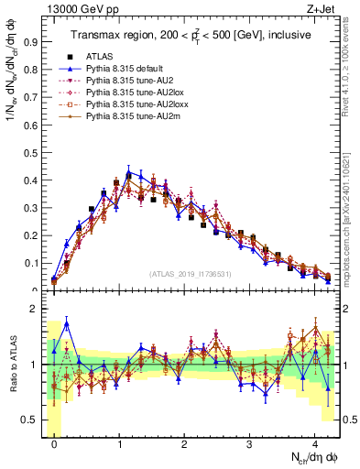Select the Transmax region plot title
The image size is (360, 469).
(191, 35)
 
